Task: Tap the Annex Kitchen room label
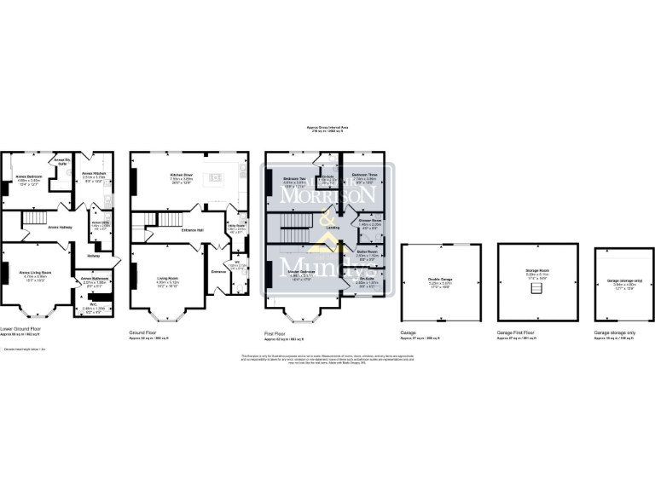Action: (x=94, y=174)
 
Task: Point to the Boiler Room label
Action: (x=367, y=252)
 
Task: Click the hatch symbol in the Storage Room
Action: (x=537, y=290)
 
